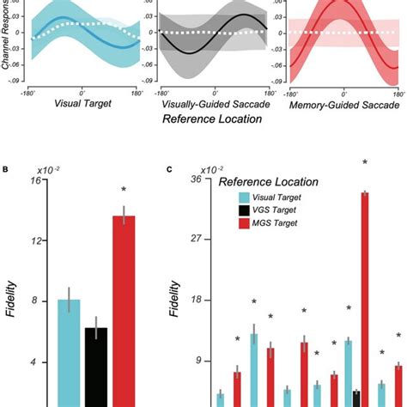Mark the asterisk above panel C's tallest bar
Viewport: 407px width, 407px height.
(365, 162)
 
